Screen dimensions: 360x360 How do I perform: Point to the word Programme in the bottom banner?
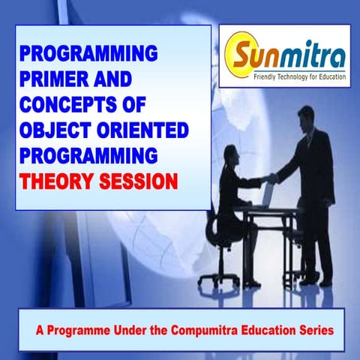77,331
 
